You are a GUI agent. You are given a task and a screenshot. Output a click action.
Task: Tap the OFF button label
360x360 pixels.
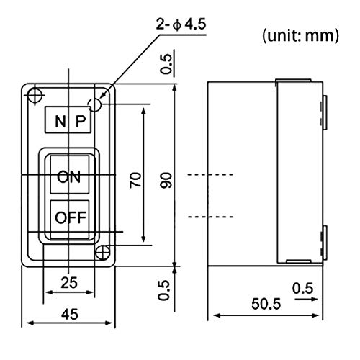click(x=69, y=217)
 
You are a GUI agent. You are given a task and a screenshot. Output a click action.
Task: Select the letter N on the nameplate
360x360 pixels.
click(x=59, y=121)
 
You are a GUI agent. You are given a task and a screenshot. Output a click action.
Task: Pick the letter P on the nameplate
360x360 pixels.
click(x=81, y=121)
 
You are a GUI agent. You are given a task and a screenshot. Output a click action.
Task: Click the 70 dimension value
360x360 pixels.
click(x=132, y=179)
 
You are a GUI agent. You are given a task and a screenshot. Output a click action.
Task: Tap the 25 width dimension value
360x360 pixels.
click(x=69, y=283)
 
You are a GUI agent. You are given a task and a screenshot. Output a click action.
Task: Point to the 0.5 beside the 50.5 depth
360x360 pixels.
click(x=302, y=288)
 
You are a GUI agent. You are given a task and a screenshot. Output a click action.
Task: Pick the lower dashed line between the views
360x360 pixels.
click(x=210, y=215)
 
